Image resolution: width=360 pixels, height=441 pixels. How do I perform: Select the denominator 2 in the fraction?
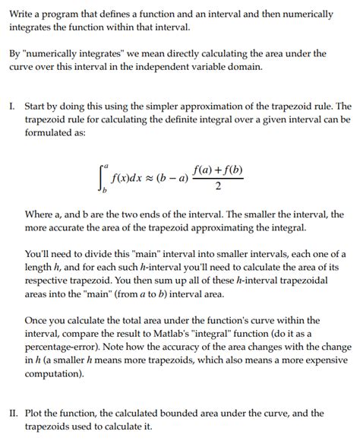coord(217,189)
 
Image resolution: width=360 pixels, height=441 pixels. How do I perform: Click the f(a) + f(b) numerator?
coord(217,171)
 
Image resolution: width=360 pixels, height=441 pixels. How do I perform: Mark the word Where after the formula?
coord(40,214)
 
